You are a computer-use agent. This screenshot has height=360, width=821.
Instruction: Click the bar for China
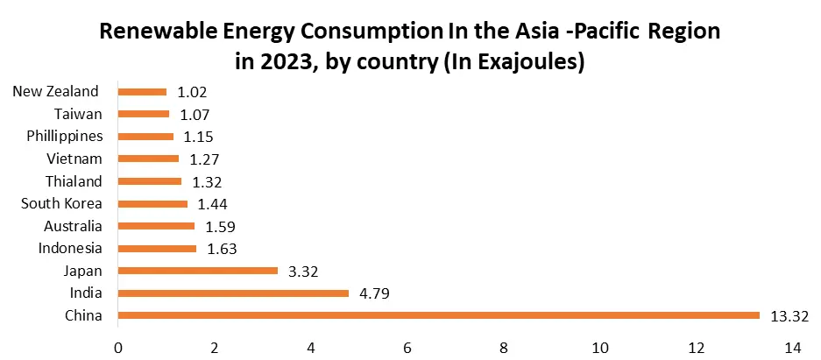tap(438, 315)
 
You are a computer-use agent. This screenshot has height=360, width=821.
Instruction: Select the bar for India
tap(233, 293)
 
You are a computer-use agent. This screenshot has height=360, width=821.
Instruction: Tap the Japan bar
tap(197, 271)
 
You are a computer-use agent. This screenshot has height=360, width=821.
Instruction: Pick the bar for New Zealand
tap(142, 91)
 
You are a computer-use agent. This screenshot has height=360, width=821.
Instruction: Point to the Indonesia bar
tap(157, 248)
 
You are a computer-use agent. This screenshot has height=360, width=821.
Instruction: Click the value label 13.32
tap(789, 315)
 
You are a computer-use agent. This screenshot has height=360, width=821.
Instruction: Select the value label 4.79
tap(374, 293)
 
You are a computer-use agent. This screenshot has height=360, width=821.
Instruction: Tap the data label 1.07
tap(195, 114)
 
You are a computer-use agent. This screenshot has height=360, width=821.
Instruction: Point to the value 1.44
tap(213, 203)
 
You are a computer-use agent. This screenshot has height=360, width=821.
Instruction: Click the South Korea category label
tap(61, 203)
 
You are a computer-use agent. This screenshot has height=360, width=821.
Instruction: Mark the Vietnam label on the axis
tap(74, 159)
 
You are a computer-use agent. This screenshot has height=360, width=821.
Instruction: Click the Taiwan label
tap(78, 114)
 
